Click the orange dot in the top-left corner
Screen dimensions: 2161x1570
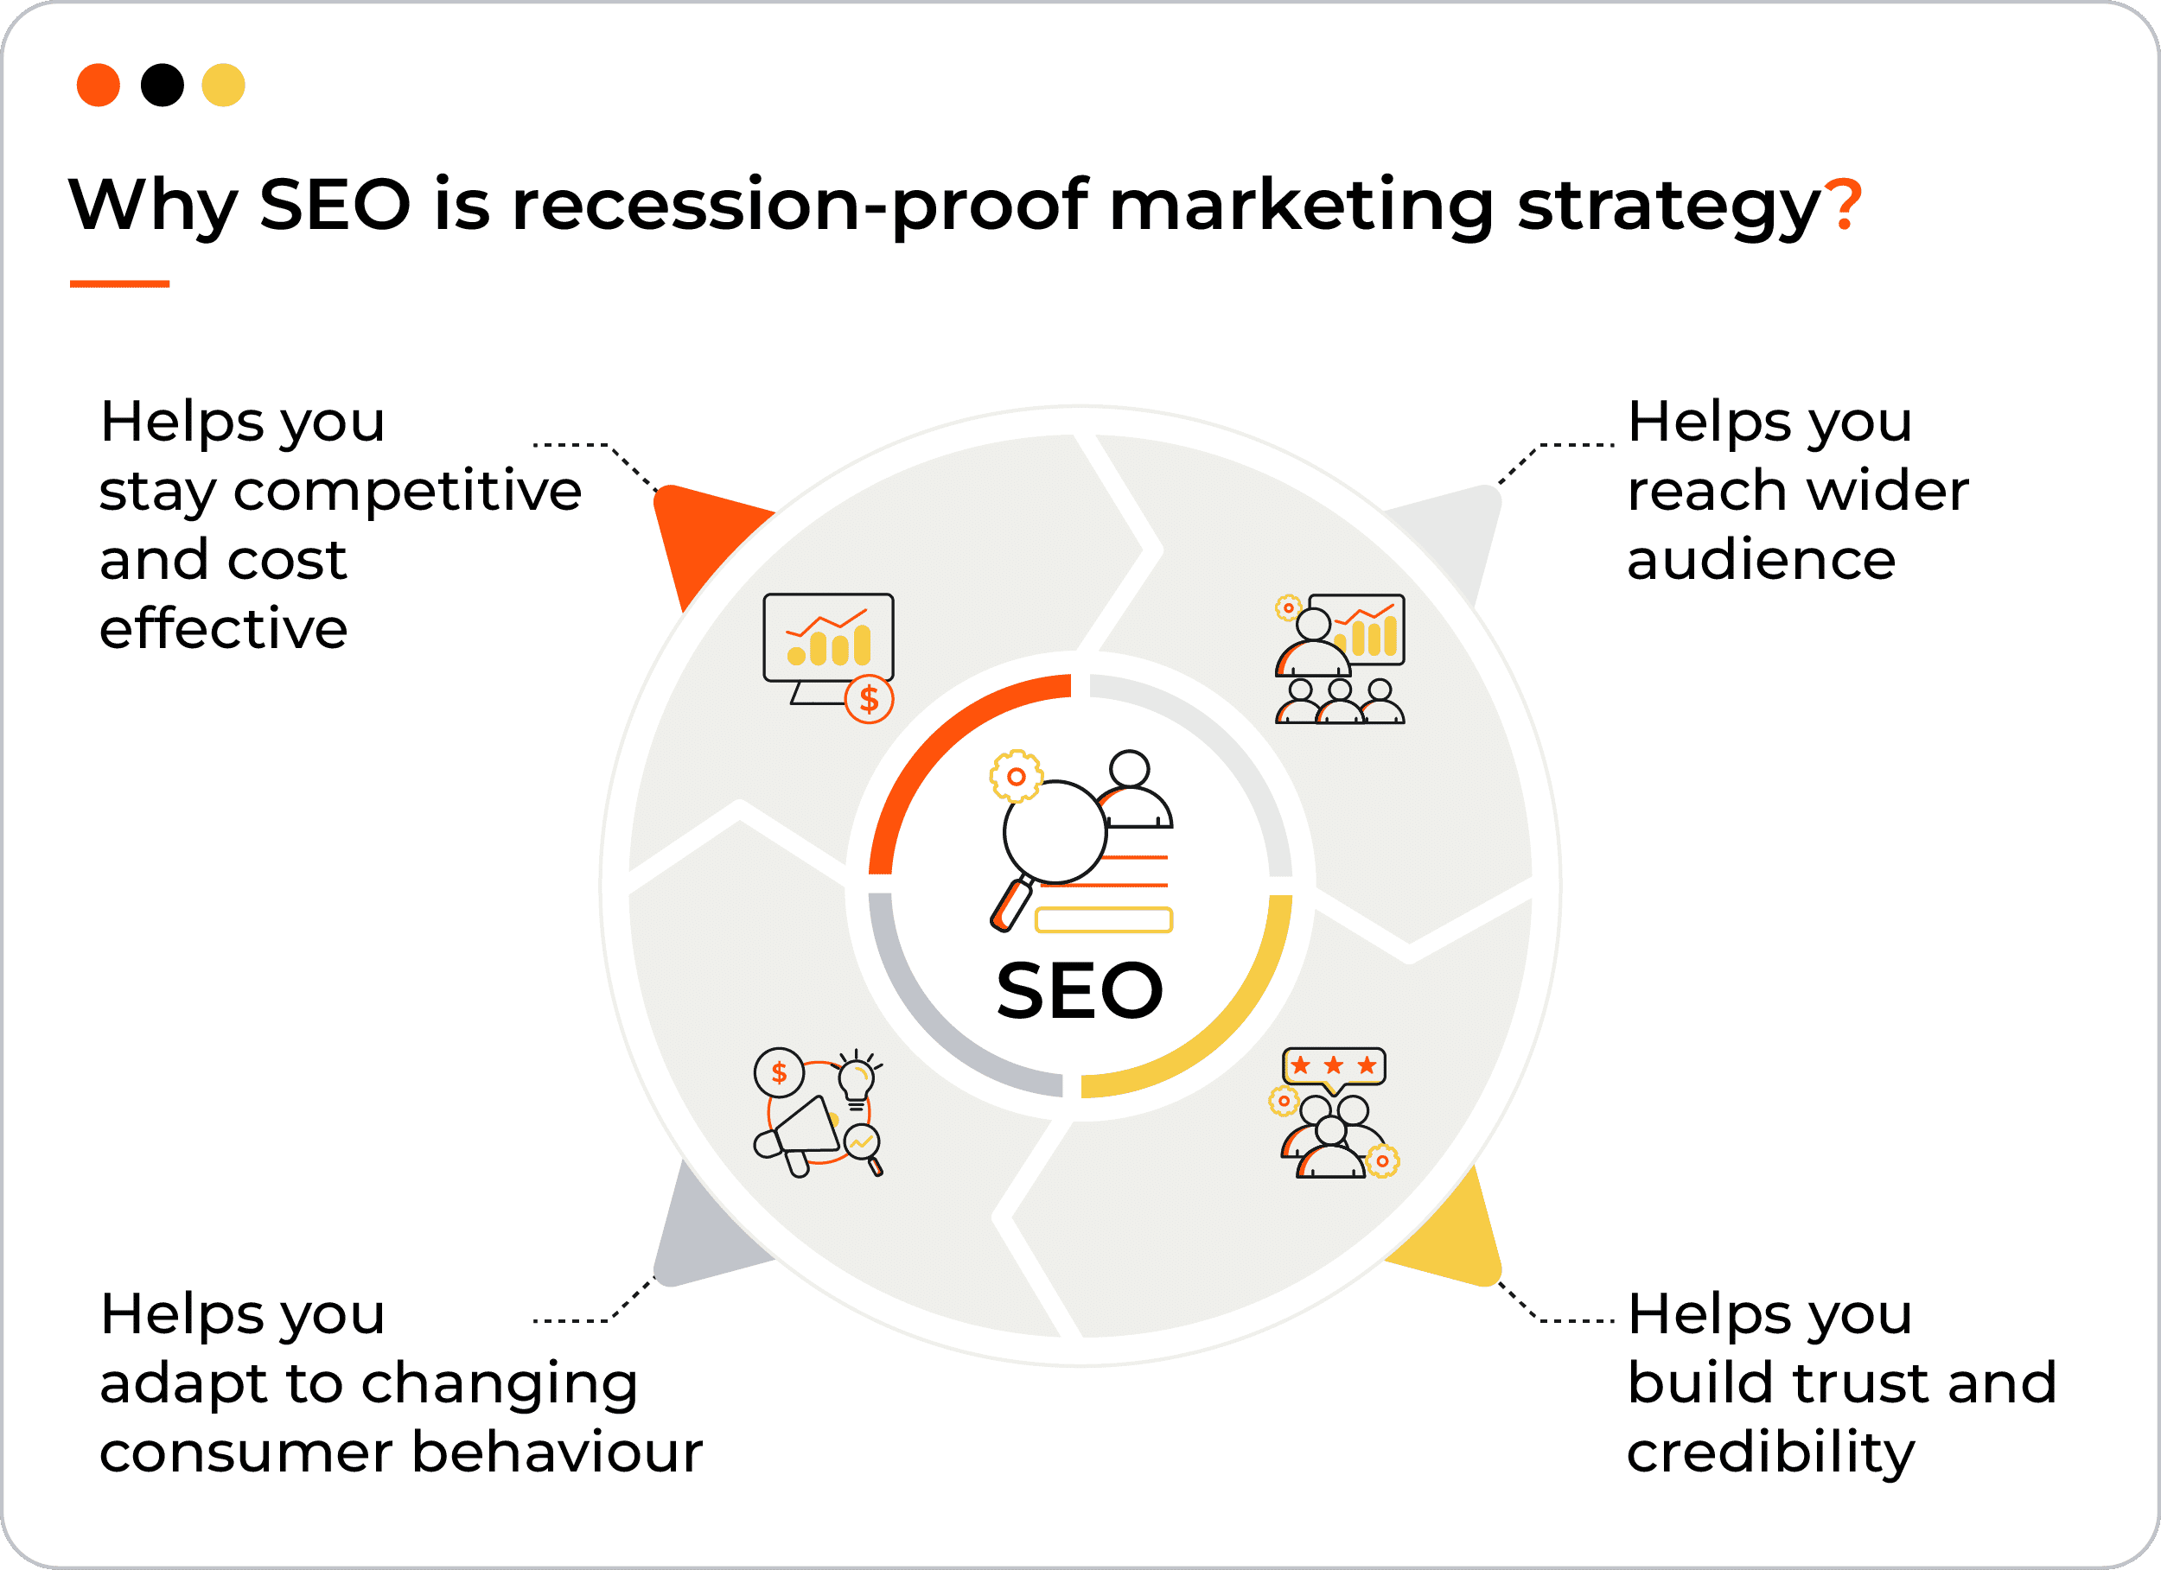click(x=99, y=85)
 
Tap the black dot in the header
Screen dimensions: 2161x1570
click(x=162, y=85)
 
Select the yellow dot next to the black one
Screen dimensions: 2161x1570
click(x=224, y=85)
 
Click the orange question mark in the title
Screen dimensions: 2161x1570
click(x=1843, y=204)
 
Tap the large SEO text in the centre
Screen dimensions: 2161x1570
click(x=1080, y=991)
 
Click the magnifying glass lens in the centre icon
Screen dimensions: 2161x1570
click(x=1055, y=833)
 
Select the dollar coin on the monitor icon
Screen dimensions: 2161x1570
click(x=869, y=699)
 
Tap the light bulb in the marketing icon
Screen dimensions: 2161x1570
click(x=856, y=1080)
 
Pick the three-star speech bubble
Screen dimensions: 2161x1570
click(x=1334, y=1069)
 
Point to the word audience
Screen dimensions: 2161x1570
click(x=1761, y=559)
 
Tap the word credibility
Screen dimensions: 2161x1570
click(x=1770, y=1452)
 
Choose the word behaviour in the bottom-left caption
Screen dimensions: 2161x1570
click(x=558, y=1452)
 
